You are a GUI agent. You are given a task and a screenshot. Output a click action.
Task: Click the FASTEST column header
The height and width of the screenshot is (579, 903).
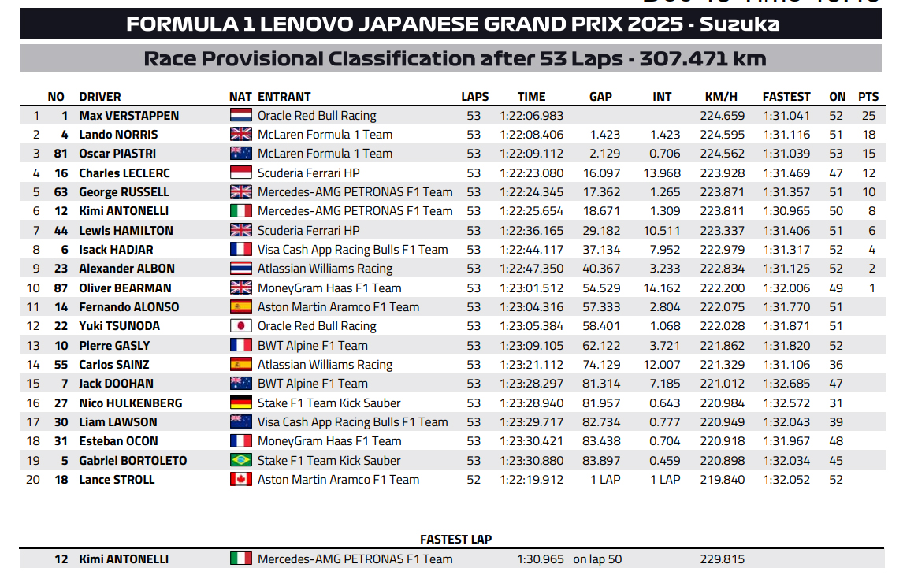786,97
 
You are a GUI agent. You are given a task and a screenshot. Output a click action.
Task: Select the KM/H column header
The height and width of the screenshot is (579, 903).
721,97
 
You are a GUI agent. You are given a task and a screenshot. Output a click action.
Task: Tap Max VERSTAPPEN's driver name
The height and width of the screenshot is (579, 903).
129,116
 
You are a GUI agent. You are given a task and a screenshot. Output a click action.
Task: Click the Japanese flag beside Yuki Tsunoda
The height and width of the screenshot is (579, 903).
240,326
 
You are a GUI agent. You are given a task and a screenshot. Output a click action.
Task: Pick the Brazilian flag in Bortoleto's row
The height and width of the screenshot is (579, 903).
240,461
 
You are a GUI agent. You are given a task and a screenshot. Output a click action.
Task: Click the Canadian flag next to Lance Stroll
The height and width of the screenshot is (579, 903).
240,480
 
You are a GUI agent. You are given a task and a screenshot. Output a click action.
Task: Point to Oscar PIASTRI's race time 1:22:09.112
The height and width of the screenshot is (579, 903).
532,154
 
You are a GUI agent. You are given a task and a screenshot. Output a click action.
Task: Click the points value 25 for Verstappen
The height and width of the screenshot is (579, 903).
868,116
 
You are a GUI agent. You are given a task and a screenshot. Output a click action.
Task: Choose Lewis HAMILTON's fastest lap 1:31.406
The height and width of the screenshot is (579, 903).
786,231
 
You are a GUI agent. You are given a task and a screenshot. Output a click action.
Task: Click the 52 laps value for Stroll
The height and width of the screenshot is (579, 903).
473,480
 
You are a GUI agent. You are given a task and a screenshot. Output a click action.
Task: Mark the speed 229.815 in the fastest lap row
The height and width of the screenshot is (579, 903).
722,559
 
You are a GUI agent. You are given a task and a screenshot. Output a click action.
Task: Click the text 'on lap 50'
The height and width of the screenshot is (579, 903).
597,559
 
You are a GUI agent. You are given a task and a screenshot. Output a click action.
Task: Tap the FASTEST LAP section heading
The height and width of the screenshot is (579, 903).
455,540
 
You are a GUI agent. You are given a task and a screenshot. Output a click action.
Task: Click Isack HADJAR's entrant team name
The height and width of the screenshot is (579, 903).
352,250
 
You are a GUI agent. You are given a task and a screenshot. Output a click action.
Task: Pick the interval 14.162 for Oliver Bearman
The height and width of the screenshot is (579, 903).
662,288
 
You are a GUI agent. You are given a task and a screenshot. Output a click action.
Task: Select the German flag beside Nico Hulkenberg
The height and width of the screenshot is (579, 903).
240,403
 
